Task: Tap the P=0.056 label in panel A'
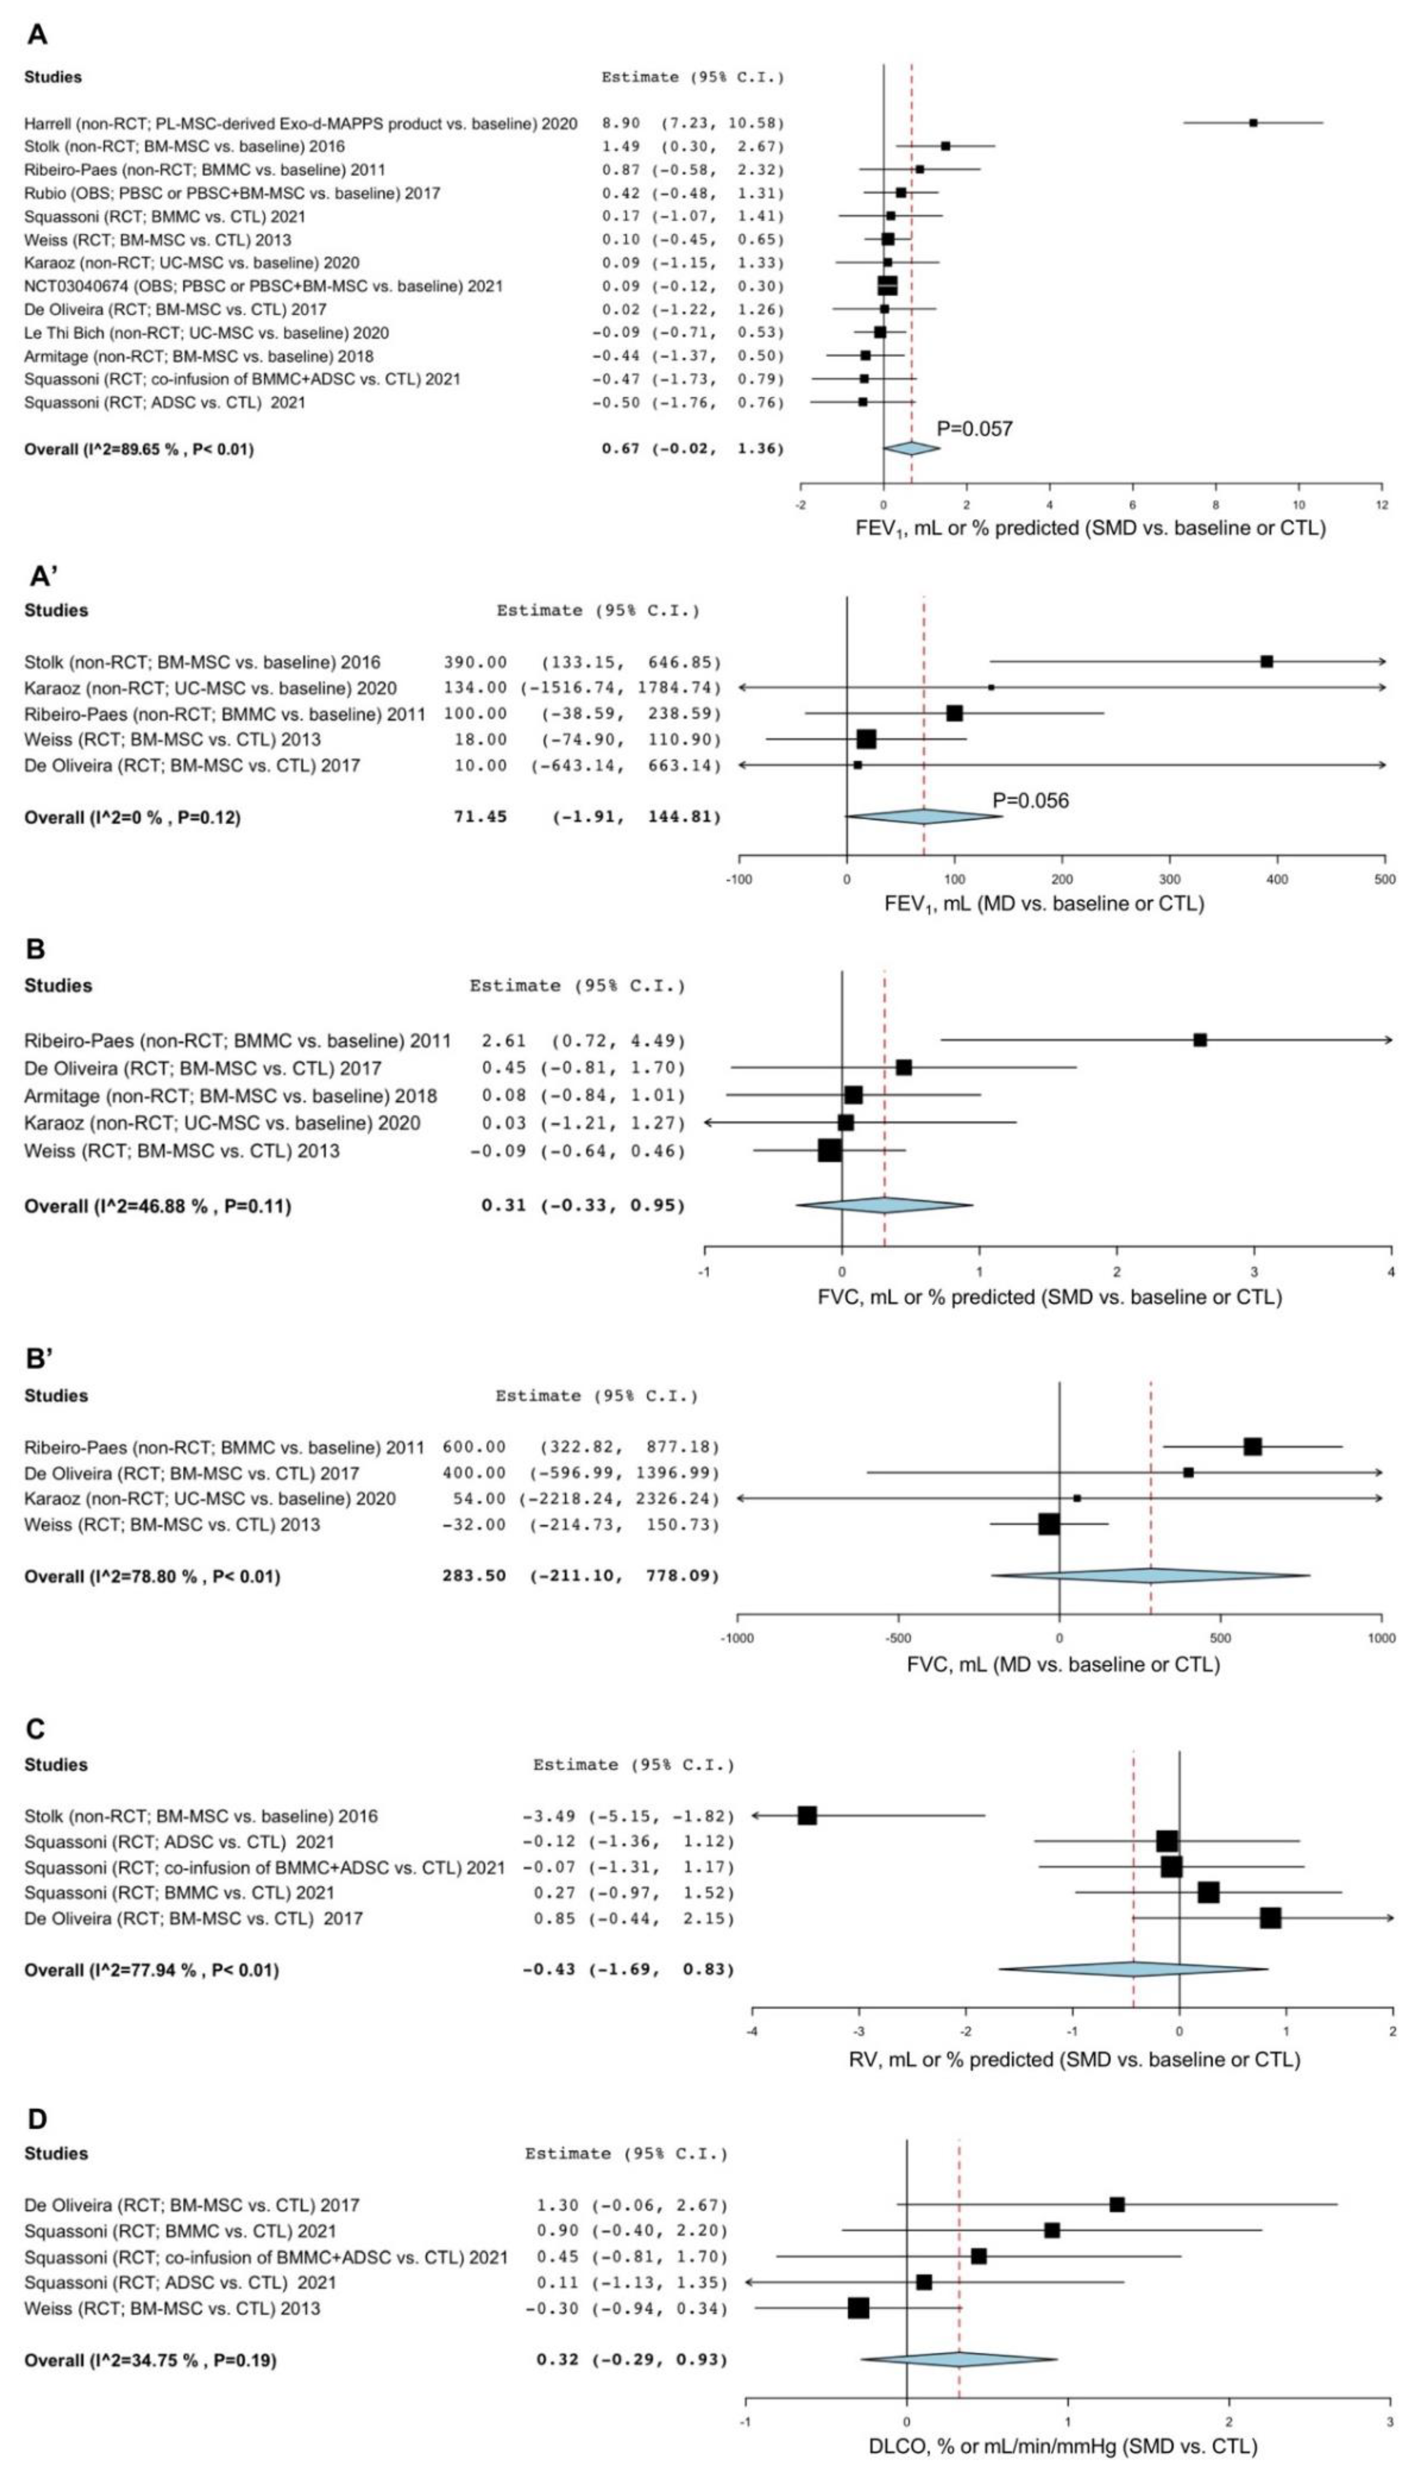[1030, 800]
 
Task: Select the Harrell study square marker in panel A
[1254, 123]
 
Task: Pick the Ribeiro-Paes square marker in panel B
[1200, 1040]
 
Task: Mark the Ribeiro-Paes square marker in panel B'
[1252, 1447]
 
